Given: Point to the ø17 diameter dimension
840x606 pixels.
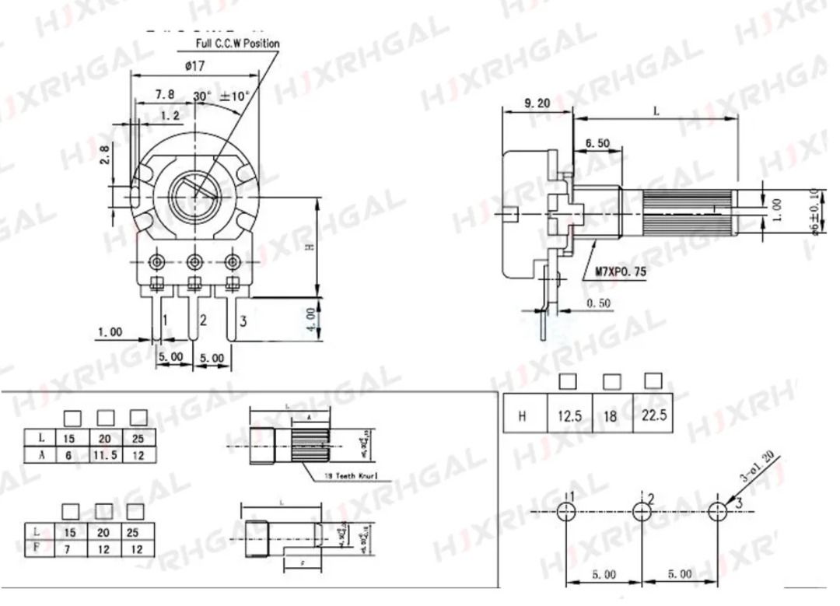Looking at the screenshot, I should coord(194,67).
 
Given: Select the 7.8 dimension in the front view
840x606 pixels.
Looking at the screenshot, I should coord(164,94).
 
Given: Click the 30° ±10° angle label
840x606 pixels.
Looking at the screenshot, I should coord(221,96).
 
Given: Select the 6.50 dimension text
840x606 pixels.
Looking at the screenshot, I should coord(597,143).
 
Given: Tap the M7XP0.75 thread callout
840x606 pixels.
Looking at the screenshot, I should coord(620,271).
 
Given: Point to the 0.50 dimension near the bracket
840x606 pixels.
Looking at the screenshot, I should coord(598,303).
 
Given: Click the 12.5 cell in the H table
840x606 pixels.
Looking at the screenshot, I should coord(568,415).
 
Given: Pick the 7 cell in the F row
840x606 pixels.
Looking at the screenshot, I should coord(68,548).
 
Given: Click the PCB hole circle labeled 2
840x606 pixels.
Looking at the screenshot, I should coord(642,511).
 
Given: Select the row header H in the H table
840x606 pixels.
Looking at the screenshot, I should coord(522,415).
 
